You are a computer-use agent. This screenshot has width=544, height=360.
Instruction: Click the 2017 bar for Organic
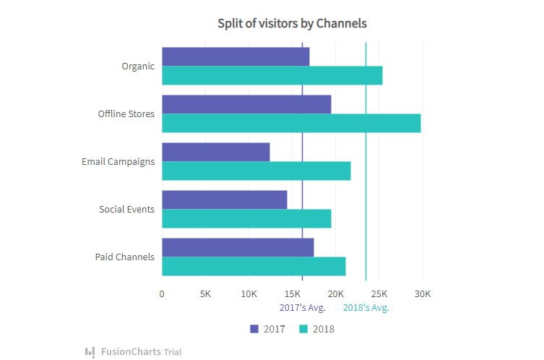click(236, 56)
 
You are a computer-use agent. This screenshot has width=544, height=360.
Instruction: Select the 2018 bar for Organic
click(272, 75)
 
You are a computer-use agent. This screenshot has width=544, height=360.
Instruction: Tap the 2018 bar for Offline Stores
click(291, 123)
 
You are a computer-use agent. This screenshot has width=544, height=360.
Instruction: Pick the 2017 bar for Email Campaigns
click(215, 152)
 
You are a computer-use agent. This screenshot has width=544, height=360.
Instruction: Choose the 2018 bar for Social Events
click(246, 218)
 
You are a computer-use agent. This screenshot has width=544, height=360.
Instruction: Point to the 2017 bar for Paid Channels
click(238, 247)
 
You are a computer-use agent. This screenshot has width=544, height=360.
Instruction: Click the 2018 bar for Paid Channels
click(254, 266)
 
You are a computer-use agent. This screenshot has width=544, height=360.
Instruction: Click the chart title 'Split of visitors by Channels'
click(292, 23)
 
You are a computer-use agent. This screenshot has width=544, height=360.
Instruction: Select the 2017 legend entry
click(268, 329)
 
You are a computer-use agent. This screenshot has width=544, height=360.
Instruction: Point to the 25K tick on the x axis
click(379, 294)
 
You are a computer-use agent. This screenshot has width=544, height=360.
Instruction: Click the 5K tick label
click(205, 294)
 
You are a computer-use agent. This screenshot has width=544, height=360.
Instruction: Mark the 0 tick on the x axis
click(162, 294)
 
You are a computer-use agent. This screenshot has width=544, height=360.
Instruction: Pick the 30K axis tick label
click(423, 294)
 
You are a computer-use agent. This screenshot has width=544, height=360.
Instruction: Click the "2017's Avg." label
click(303, 308)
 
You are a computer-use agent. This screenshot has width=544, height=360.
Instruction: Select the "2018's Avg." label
click(366, 308)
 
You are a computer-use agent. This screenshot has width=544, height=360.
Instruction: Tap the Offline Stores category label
click(126, 113)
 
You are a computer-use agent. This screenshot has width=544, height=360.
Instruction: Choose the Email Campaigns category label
click(118, 161)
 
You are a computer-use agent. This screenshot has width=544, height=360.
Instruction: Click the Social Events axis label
click(126, 209)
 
